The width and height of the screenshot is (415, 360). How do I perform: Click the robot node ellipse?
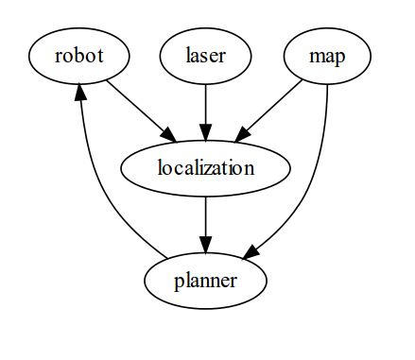pyautogui.click(x=78, y=56)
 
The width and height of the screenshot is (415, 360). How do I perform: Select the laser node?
pyautogui.click(x=206, y=56)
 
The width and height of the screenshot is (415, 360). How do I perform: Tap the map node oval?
pyautogui.click(x=327, y=56)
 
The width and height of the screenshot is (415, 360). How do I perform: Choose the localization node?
pyautogui.click(x=206, y=169)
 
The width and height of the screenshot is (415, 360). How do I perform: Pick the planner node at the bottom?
pyautogui.click(x=206, y=282)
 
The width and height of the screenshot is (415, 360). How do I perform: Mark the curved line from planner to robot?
pyautogui.click(x=104, y=189)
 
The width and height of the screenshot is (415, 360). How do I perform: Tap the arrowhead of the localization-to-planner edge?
pyautogui.click(x=206, y=243)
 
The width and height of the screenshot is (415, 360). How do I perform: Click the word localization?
pyautogui.click(x=206, y=169)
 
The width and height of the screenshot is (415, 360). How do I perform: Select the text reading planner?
pyautogui.click(x=206, y=282)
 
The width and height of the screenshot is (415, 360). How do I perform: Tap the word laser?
pyautogui.click(x=206, y=56)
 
